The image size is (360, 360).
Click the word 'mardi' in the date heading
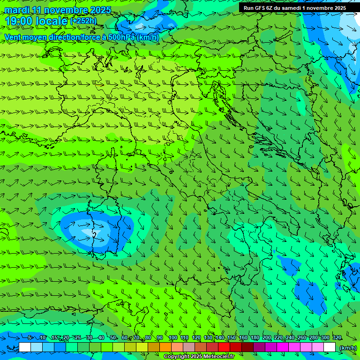click(17, 10)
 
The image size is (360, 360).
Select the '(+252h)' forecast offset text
click(83, 21)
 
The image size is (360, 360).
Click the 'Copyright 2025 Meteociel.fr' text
click(202, 357)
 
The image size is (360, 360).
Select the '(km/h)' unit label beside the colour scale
click(347, 348)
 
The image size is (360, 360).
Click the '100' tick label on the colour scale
click(172, 337)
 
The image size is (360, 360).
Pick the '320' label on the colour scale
click(337, 337)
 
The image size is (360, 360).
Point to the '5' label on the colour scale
click(30, 337)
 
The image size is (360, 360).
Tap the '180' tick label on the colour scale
click(255, 337)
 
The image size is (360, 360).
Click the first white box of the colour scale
click(25, 347)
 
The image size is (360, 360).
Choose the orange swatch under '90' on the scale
click(165, 347)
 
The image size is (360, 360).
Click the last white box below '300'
click(330, 347)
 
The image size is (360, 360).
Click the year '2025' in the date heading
click(100, 10)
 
